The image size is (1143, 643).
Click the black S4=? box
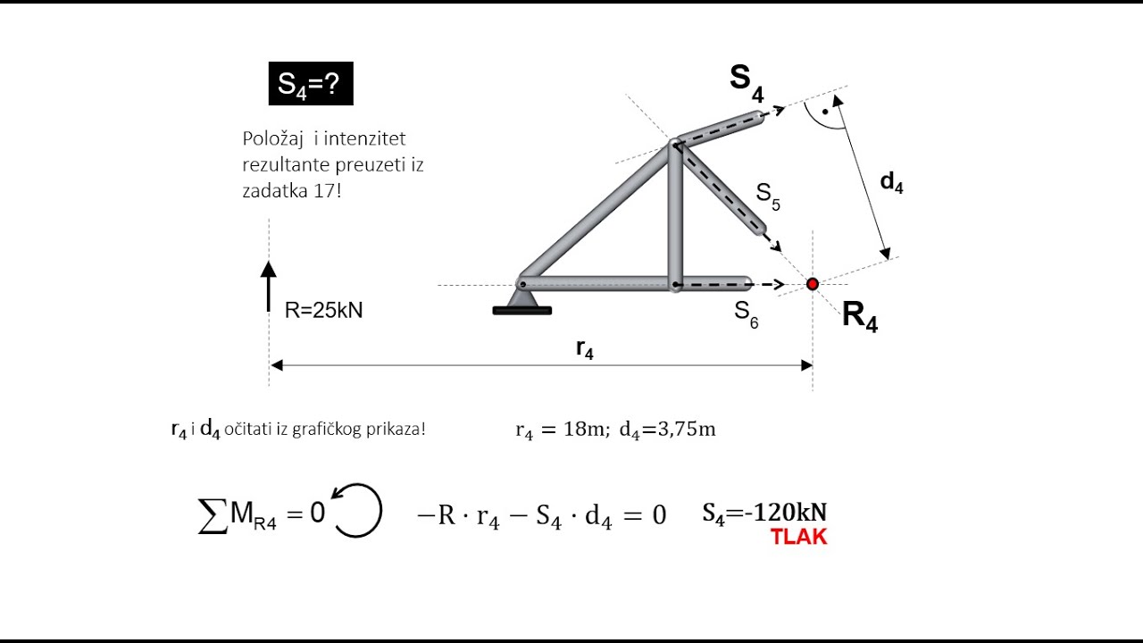tap(311, 84)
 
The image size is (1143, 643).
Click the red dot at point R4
tap(813, 284)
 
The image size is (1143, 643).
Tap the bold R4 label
tap(860, 316)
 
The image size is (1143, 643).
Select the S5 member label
tap(768, 196)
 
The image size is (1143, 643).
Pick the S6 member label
tap(746, 313)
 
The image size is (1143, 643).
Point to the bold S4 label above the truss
tap(747, 83)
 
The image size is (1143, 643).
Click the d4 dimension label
tap(891, 183)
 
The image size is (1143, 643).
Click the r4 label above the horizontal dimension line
tap(585, 349)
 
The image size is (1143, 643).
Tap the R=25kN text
tap(323, 310)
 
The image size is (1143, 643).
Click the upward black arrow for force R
tap(269, 287)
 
